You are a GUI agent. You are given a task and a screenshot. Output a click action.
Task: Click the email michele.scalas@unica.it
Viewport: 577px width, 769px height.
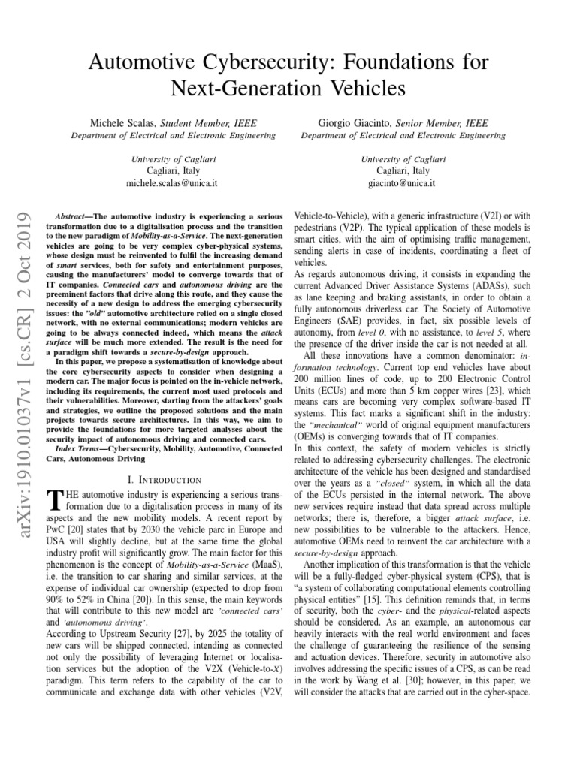[173, 182]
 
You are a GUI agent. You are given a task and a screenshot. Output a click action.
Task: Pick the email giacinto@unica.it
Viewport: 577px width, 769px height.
[403, 182]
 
